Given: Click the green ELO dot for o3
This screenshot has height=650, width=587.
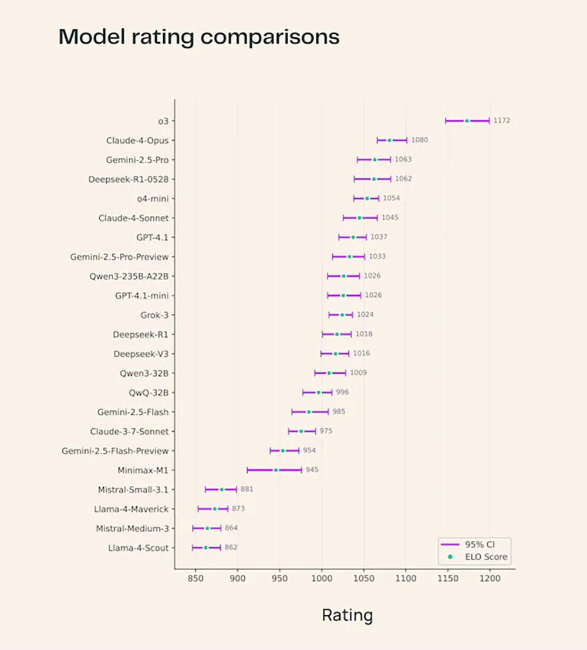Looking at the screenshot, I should coord(467,121).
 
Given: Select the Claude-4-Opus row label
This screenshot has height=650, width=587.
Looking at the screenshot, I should coord(137,141).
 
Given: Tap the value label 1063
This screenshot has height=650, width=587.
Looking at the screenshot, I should coord(403,160).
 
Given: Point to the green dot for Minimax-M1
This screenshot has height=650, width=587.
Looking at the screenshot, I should coord(276,470).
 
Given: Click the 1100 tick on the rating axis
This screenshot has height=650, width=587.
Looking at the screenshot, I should coord(406,578).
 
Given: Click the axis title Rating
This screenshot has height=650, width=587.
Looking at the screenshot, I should coord(347,615).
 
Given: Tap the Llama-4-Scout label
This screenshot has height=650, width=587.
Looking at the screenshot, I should coord(138,548).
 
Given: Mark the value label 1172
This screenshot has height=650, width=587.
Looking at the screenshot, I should coord(501,121).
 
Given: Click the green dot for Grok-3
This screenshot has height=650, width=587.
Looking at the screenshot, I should coord(342,315).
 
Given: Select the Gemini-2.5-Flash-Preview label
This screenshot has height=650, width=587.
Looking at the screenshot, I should coord(115,451).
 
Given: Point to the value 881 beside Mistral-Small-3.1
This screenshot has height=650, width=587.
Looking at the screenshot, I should coord(247,489).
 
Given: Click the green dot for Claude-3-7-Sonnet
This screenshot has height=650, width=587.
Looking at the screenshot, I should coord(301,431).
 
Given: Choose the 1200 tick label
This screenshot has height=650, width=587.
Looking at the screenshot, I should coord(490,578).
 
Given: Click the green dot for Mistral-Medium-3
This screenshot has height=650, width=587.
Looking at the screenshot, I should coord(207,529).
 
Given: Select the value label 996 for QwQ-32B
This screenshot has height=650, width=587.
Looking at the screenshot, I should coord(342,392).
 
